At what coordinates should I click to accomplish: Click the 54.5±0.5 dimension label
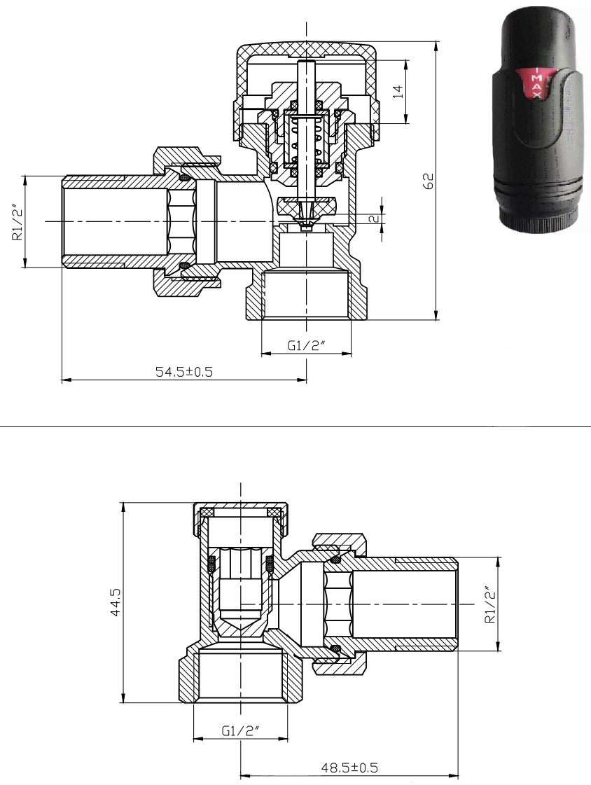[x=183, y=371]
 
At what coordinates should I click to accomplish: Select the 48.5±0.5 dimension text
[x=349, y=767]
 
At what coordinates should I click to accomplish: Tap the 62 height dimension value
[x=429, y=180]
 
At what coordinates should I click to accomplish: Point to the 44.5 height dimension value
[x=116, y=602]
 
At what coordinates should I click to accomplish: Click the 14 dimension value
[x=397, y=92]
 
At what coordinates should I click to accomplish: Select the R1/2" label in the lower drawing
[x=490, y=604]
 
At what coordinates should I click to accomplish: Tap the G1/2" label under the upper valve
[x=307, y=345]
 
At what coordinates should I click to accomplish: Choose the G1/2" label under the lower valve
[x=241, y=731]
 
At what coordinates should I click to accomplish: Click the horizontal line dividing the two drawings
[x=295, y=426]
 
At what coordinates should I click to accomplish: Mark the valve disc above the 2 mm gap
[x=307, y=204]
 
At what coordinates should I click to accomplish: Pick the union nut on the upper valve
[x=187, y=222]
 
